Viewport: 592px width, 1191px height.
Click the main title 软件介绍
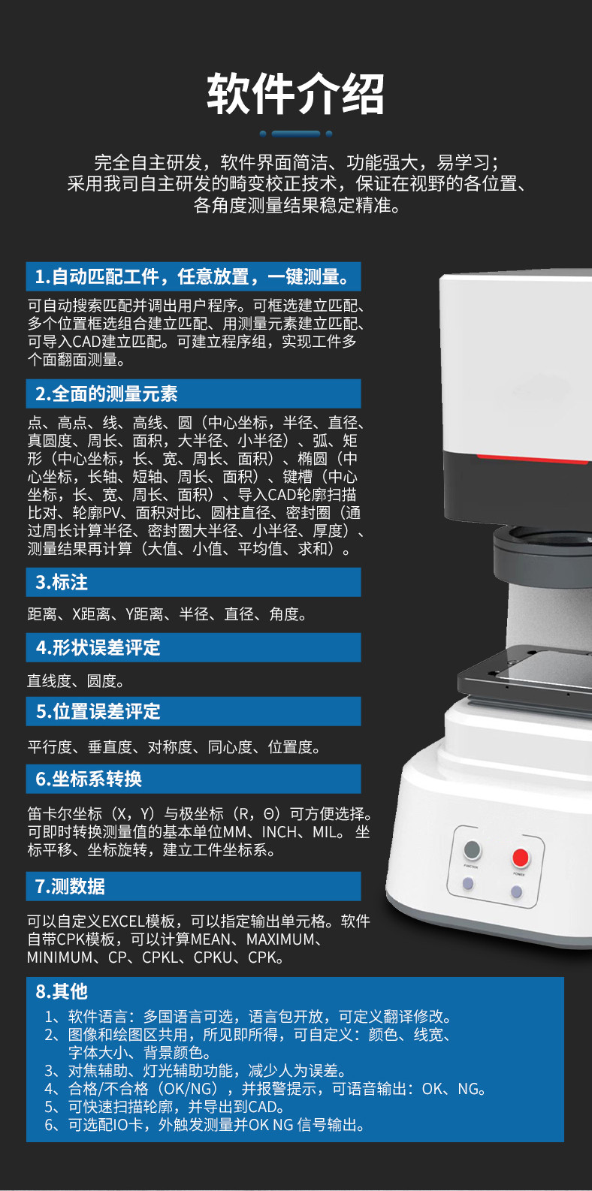tap(296, 94)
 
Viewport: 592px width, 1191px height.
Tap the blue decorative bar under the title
tap(296, 134)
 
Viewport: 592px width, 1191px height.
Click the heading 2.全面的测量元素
tap(107, 394)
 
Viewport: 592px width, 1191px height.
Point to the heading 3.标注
tap(61, 582)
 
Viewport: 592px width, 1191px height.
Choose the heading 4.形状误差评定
tap(98, 647)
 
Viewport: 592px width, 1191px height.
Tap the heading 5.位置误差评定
tap(98, 711)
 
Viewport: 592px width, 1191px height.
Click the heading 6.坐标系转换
tap(89, 779)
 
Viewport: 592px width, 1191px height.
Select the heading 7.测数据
tap(70, 886)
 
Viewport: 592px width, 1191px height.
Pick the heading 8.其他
tap(61, 991)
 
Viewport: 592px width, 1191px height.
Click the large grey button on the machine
tap(473, 849)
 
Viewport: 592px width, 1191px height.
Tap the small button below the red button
tap(516, 891)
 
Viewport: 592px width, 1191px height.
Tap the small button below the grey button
tap(468, 884)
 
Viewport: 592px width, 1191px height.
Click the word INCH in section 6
tap(279, 831)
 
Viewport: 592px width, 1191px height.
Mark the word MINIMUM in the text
tap(59, 957)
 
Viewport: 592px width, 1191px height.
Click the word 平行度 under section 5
tap(50, 747)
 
